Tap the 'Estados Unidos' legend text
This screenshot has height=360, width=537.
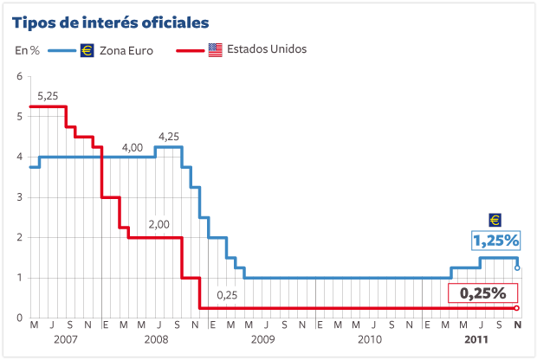267,49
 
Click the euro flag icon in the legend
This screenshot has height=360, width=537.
87,50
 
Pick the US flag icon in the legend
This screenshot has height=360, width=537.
215,49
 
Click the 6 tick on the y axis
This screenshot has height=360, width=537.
18,77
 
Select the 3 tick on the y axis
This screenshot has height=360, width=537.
18,197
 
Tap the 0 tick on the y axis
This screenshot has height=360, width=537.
18,318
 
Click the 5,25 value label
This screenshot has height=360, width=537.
48,96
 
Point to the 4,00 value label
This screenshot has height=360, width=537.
132,147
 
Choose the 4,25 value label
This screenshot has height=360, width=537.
169,136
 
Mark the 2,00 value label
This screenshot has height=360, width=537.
159,225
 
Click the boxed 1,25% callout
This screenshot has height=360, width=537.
495,240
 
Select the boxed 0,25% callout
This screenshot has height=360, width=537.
482,293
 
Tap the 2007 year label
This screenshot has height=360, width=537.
66,339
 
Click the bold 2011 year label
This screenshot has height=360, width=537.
475,339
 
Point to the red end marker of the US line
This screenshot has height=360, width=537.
517,308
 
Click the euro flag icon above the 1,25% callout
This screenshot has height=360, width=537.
495,220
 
